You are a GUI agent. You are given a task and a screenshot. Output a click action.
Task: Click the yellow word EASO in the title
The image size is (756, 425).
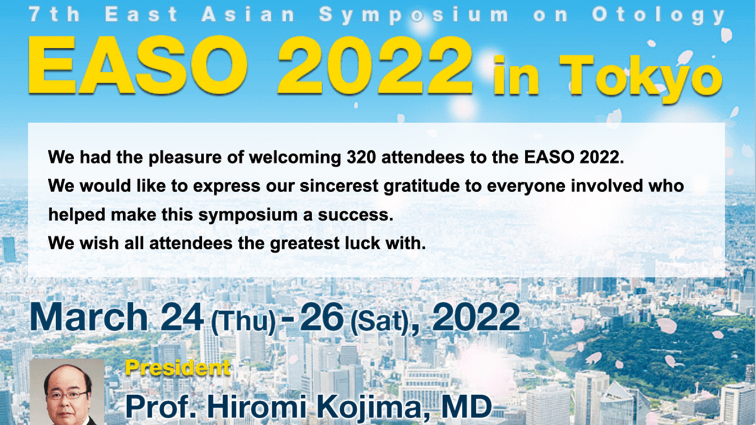point(138,65)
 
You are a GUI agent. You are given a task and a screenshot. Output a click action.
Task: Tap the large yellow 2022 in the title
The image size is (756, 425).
point(375,65)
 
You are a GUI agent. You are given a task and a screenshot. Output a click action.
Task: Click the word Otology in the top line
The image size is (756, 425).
point(659,15)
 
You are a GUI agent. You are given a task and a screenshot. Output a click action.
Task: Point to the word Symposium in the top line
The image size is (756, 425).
point(414,15)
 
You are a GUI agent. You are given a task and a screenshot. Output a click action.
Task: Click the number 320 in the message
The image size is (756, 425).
point(361,157)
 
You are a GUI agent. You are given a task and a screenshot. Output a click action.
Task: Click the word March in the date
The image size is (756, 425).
point(89,317)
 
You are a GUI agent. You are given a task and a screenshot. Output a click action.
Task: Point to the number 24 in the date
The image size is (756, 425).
point(182,317)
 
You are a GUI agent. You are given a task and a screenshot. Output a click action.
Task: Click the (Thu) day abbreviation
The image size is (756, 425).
point(243,322)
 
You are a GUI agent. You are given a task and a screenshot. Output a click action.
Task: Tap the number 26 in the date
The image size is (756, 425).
point(322,317)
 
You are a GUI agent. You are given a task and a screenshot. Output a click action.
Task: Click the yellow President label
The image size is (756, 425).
point(178,368)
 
